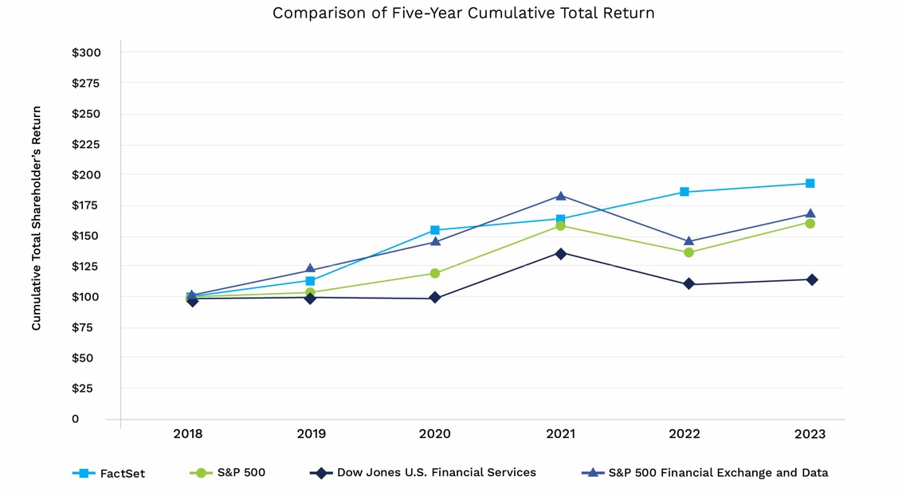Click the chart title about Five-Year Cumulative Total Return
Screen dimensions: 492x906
pos(463,14)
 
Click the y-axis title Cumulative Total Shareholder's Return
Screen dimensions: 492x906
pos(37,218)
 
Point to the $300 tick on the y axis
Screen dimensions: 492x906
pos(86,53)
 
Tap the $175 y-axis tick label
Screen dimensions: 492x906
pos(86,205)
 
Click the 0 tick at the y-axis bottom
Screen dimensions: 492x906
pos(76,419)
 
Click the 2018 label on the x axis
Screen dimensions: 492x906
pos(188,434)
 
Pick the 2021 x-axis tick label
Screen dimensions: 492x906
pos(560,434)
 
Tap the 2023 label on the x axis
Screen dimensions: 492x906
pos(810,434)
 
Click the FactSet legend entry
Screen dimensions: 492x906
pos(109,473)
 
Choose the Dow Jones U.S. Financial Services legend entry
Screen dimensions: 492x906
pos(423,473)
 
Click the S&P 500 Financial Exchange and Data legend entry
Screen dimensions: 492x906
pos(706,473)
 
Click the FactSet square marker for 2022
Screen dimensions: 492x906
pos(684,192)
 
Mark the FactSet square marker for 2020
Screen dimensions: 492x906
pos(435,230)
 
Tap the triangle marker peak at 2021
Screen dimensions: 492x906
pos(560,196)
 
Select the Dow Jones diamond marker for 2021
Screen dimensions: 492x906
pos(560,253)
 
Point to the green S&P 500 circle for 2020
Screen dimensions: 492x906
pos(435,273)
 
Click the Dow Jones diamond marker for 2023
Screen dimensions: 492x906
pos(811,279)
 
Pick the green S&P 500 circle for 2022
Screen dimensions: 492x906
pos(688,252)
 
